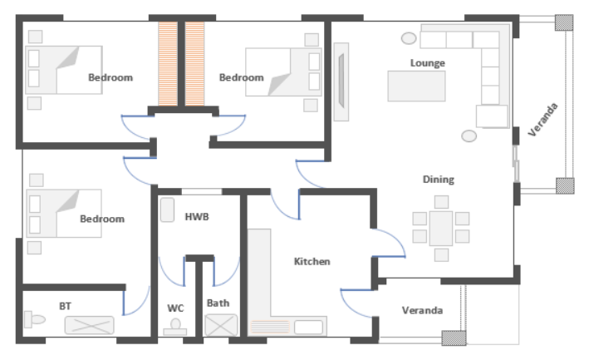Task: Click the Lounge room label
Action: point(428,62)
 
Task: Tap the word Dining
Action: point(439,180)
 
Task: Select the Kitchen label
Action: point(312,261)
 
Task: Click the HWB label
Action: point(197,216)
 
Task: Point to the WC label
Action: point(175,308)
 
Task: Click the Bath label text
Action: point(218,303)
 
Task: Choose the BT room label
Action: point(65,306)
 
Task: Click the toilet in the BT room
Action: point(35,319)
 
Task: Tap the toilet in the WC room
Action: point(175,327)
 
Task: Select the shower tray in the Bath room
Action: point(221,325)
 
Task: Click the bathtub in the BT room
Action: point(89,325)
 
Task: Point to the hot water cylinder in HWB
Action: point(168,210)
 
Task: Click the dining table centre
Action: point(441,228)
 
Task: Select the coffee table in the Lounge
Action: point(416,86)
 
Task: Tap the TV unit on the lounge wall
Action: point(341,81)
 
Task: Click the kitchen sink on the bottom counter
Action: point(308,328)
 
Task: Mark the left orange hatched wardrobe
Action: point(168,63)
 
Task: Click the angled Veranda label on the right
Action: point(542,120)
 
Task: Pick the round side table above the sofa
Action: point(409,38)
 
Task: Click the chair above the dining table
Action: point(441,202)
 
